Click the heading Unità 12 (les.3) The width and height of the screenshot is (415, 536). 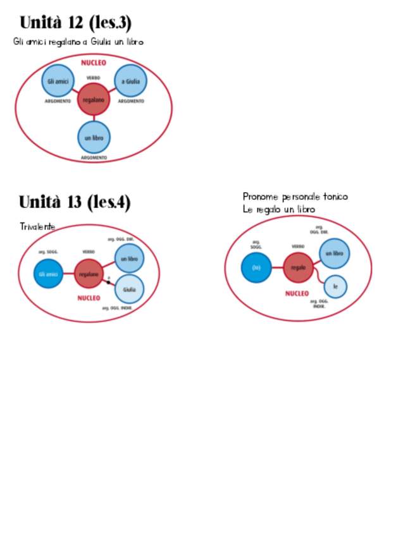pos(75,23)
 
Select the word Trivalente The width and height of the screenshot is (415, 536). pos(37,226)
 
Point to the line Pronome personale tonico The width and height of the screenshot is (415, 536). pos(295,197)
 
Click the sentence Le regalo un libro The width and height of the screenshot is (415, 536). pos(279,209)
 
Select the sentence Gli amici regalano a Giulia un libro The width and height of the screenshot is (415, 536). pos(78,42)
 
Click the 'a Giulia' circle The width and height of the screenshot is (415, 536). pos(130,81)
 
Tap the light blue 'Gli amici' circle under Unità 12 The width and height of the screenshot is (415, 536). pos(58,81)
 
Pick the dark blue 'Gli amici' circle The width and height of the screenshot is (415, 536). pos(49,274)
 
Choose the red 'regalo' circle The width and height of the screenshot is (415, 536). pos(298,267)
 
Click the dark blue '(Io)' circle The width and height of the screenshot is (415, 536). pos(256,267)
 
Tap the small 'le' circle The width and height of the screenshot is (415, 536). pos(335,286)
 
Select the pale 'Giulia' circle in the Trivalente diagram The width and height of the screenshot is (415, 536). pos(129,289)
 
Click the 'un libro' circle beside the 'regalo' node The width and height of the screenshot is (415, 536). pos(333,253)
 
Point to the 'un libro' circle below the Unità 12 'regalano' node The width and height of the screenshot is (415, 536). pos(94,137)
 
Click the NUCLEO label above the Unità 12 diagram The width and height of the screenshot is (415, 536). pos(94,63)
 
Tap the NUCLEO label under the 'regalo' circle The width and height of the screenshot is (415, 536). pos(297,293)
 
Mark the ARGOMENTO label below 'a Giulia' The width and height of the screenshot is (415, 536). pos(131,101)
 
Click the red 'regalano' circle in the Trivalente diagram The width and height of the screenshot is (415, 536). pos(89,274)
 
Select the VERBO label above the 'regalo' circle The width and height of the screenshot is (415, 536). pos(298,247)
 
